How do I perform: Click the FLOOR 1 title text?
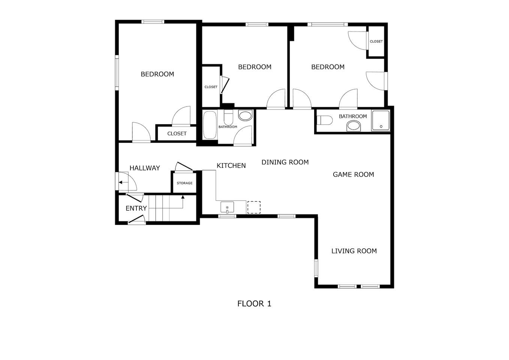tap(254, 304)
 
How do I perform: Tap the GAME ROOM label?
tap(353, 174)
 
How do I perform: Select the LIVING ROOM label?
tap(354, 251)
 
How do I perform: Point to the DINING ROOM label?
tap(285, 162)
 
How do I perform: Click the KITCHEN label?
tap(231, 166)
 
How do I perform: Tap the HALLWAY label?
tap(145, 168)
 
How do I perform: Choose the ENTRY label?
tap(136, 208)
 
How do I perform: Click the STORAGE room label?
tap(184, 183)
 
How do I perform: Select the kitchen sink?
tap(227, 207)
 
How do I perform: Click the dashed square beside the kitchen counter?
tap(254, 207)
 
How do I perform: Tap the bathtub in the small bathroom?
tap(210, 125)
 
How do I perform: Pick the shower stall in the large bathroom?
tap(380, 121)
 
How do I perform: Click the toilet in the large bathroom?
tap(325, 120)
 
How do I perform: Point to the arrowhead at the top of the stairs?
tap(183, 197)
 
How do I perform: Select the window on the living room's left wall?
tap(316, 268)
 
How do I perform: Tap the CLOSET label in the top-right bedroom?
tap(376, 41)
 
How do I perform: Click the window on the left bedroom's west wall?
tap(117, 73)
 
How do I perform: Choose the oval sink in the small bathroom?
tap(245, 115)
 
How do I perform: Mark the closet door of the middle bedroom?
tap(225, 85)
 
